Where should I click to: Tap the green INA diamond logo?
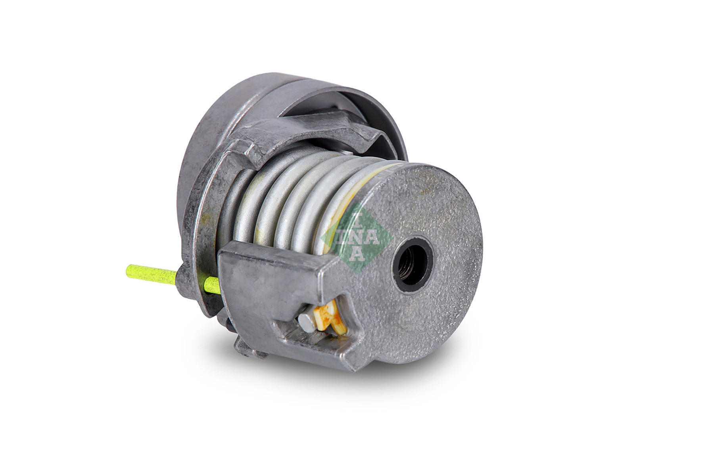click(356, 237)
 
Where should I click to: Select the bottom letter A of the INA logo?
click(356, 254)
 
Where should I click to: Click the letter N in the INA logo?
click(356, 237)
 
